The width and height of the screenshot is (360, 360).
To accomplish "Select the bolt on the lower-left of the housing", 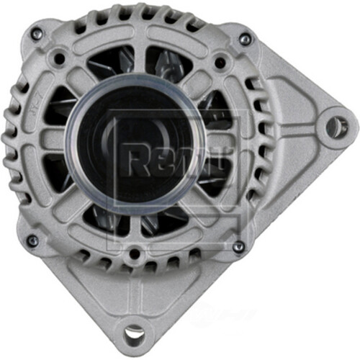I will click(32, 240).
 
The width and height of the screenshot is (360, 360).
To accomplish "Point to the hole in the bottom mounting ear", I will click(134, 333).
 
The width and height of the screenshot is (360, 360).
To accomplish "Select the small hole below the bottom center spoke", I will click(135, 253).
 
